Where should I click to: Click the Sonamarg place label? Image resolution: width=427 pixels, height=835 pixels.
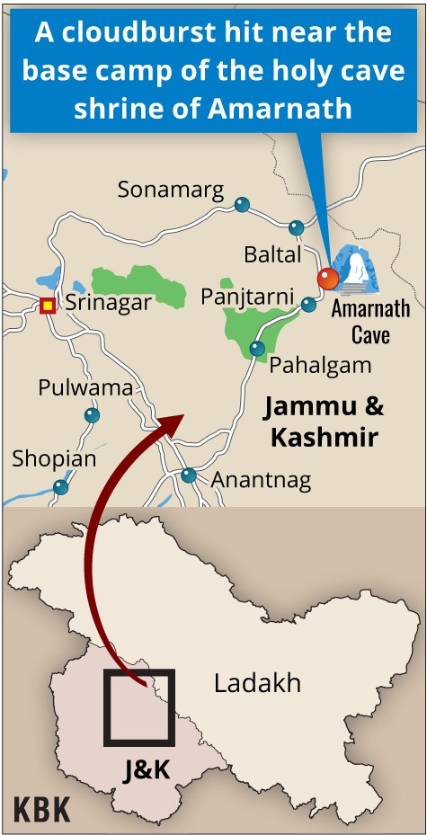(x=169, y=189)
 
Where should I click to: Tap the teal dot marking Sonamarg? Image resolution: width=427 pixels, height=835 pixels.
(x=241, y=204)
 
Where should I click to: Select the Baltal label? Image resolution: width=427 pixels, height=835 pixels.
(x=272, y=254)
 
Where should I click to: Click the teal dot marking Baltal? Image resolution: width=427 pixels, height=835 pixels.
(x=297, y=227)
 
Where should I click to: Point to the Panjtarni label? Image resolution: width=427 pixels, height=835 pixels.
(x=246, y=296)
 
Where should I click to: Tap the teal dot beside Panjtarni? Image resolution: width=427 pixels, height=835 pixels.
(x=308, y=305)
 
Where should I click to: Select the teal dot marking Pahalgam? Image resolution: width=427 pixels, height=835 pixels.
(x=258, y=348)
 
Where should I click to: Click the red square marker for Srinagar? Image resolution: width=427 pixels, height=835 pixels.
(x=48, y=305)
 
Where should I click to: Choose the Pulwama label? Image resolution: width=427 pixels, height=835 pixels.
(x=85, y=387)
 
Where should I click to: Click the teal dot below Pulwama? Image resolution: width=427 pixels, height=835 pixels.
(x=92, y=415)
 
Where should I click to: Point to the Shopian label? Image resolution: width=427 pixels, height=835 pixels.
(x=54, y=458)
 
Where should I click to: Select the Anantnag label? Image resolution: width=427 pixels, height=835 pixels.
(x=261, y=480)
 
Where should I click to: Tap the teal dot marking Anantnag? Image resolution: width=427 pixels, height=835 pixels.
(x=188, y=475)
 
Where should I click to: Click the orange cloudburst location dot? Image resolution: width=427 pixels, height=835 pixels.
(x=328, y=279)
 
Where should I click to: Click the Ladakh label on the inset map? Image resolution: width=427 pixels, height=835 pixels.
(x=257, y=683)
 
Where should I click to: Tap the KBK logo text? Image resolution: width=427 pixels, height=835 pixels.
(x=41, y=808)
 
